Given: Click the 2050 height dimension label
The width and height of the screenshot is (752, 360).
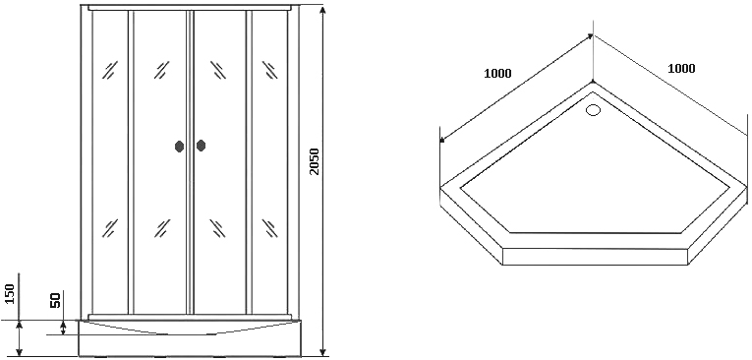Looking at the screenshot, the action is click(315, 161).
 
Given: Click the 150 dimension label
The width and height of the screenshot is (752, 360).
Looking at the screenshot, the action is click(11, 293).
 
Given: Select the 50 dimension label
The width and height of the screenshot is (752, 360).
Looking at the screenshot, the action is click(55, 301).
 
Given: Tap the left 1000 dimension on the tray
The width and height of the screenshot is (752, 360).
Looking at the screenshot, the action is click(497, 74).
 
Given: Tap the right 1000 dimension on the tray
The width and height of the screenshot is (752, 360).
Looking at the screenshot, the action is click(681, 69).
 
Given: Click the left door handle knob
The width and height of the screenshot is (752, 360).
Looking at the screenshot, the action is click(179, 147).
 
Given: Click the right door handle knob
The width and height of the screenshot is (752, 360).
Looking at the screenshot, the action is click(201, 146).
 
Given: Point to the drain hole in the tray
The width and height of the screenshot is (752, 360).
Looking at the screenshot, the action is click(594, 110).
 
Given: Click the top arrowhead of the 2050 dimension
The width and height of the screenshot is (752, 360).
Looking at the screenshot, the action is click(323, 12).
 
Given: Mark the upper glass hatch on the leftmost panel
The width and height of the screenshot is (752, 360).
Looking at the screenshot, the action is click(110, 70).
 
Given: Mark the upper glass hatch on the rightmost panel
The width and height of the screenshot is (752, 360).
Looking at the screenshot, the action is click(269, 70).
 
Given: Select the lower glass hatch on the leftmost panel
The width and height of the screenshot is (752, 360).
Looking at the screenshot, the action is click(110, 228).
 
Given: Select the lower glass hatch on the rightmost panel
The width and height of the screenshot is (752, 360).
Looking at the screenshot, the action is click(269, 228).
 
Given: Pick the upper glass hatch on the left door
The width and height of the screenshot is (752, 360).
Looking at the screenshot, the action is click(162, 70).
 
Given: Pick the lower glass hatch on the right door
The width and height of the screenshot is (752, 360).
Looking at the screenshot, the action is click(217, 228).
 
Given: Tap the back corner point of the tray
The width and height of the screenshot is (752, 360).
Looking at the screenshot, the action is click(594, 82).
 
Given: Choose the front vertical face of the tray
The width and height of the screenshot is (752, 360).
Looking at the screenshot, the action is click(595, 257).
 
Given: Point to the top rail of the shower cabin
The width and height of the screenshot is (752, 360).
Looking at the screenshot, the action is click(190, 8).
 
